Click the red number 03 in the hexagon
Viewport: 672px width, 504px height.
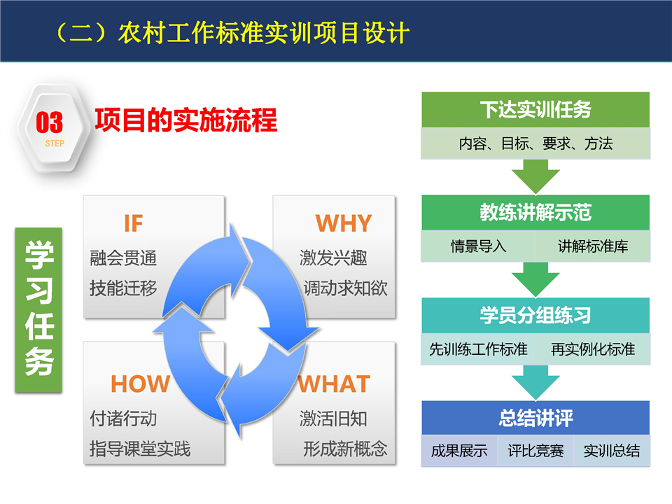49,122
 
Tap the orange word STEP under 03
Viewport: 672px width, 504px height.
55,143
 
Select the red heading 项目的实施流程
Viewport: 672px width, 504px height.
186,120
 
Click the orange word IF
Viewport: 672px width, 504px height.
133,223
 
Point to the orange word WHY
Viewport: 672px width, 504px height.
344,223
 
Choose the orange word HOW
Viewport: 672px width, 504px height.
141,384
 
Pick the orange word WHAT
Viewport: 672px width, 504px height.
334,384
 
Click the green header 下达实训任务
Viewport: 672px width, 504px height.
535,109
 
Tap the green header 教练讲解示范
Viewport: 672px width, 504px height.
535,213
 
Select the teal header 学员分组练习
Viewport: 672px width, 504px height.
535,316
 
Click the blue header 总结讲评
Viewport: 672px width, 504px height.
535,419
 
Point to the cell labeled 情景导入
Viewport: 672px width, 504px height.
478,246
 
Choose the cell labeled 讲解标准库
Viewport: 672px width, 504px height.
593,246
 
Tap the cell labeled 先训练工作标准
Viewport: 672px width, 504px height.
478,349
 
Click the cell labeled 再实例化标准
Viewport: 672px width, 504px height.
593,349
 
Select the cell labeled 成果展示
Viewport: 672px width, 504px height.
459,451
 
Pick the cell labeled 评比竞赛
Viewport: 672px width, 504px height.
535,451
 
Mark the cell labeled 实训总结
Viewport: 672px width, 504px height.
612,451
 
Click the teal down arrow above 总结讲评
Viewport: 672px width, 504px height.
535,383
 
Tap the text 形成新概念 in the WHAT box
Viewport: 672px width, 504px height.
345,449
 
